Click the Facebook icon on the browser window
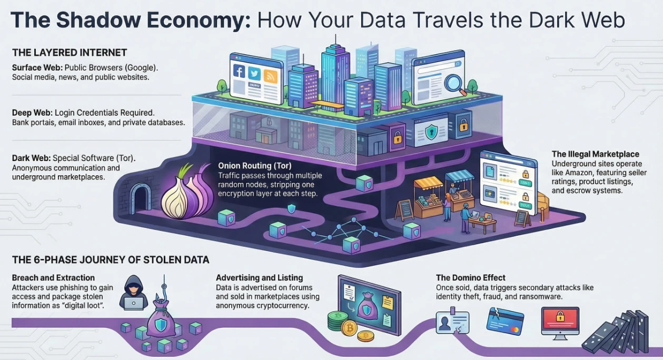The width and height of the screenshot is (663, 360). [239, 71]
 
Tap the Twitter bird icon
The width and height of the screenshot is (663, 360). [254, 74]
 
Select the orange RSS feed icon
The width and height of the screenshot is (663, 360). [270, 77]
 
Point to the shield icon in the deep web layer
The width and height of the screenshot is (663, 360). [431, 132]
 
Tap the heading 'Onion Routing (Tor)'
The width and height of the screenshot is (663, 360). [255, 166]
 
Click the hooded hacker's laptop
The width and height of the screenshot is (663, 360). [133, 303]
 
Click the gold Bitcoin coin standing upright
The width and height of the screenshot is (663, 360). [349, 328]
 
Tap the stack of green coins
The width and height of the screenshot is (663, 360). [337, 321]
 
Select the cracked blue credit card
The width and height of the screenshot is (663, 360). [505, 321]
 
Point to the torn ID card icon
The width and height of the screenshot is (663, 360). [452, 322]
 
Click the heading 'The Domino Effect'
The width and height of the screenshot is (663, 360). [471, 278]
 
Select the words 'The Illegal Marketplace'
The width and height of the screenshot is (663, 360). [595, 154]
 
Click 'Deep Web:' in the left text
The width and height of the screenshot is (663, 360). [32, 113]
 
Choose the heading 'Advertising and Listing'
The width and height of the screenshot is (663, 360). [259, 278]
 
